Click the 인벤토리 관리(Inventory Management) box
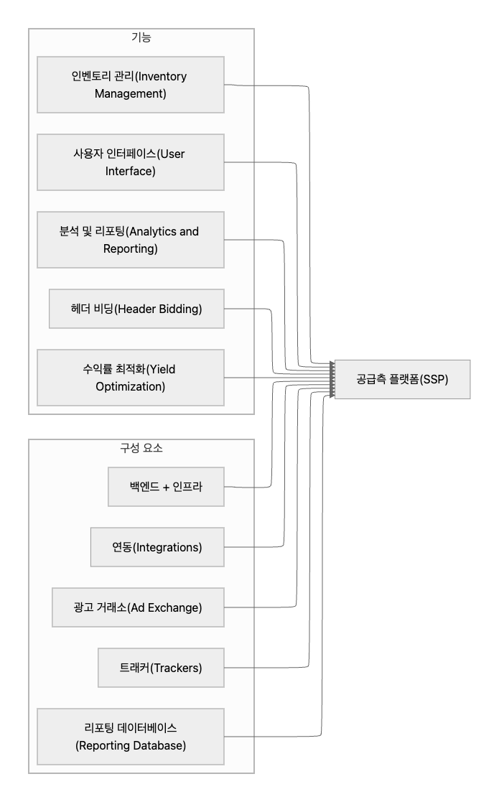coord(131,85)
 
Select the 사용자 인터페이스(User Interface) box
coord(131,162)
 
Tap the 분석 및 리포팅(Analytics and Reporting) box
coord(131,240)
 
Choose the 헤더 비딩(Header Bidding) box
coord(136,309)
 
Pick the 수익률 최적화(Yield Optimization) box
coord(131,378)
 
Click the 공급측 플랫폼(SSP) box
coord(402,379)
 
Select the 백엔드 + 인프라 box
coord(166,487)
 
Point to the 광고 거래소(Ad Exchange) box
coord(139,607)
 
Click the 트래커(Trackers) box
coord(161,668)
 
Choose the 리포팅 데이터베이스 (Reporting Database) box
coord(131,737)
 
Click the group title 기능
coord(141,37)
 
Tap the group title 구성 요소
coord(141,448)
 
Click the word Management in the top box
coord(131,93)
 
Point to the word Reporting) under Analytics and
coord(131,249)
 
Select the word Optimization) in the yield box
coord(131,387)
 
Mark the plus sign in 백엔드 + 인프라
coord(167,487)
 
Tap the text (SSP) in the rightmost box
coord(434,379)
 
